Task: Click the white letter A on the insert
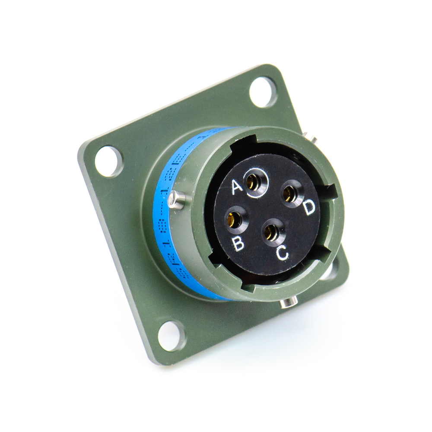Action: [237, 187]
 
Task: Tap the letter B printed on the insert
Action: [238, 244]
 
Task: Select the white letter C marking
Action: [282, 252]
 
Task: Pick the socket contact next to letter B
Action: [234, 219]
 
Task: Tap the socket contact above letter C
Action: [272, 232]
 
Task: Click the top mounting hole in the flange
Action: [263, 92]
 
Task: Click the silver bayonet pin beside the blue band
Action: [177, 200]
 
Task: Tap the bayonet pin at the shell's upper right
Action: [312, 138]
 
